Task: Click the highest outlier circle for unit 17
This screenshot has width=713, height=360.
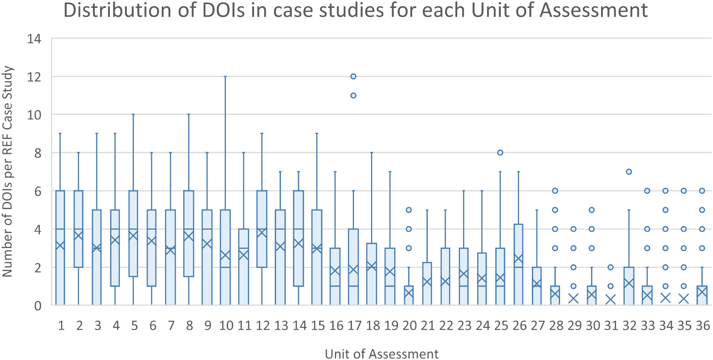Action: tap(353, 76)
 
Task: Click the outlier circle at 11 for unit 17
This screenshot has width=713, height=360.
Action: tap(353, 95)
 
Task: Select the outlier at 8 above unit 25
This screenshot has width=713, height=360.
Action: tap(500, 153)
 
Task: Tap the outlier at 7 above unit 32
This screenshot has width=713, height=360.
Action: tap(629, 172)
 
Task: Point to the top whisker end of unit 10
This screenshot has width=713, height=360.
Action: tap(225, 77)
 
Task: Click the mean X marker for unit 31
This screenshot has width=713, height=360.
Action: tap(610, 299)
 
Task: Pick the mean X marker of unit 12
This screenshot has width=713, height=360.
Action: tap(262, 233)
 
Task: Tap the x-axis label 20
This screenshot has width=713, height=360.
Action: tap(409, 326)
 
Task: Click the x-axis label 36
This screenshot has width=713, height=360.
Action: tap(703, 326)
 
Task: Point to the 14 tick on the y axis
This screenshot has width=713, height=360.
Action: tap(34, 39)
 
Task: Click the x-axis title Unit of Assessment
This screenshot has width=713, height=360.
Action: tap(381, 354)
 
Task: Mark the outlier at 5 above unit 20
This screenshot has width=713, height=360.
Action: tap(409, 210)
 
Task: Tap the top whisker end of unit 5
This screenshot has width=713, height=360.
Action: tap(133, 114)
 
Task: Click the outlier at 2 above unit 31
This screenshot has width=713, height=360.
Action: tap(610, 267)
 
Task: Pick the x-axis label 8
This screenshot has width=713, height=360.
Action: tap(189, 326)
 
